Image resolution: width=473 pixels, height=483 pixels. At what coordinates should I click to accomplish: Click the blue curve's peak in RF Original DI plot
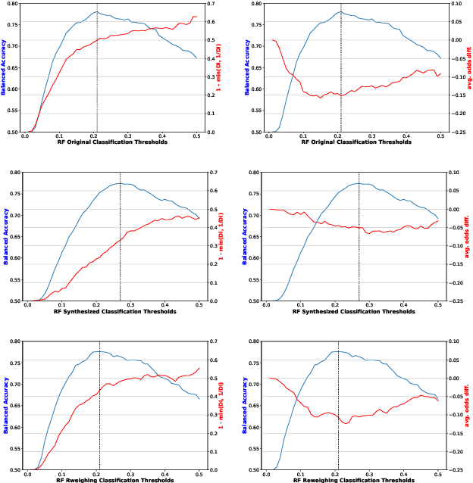97,12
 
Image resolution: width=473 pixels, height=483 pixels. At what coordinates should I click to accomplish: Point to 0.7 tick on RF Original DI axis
214,4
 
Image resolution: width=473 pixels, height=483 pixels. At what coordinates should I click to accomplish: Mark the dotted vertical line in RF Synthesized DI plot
121,250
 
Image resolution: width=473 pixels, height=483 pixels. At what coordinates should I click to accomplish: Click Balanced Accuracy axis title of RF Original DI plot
5,67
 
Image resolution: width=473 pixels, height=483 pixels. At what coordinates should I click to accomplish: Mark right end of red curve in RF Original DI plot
196,17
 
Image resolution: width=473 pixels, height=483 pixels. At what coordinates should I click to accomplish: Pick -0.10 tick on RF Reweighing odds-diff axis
457,415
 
